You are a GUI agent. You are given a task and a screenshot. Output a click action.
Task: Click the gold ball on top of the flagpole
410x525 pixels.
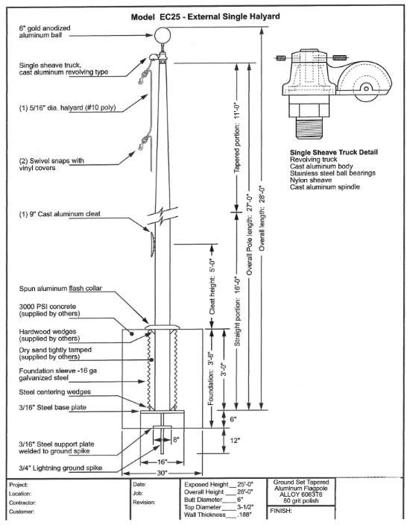163,35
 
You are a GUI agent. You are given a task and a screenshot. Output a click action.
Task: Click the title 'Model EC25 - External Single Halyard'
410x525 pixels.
205,16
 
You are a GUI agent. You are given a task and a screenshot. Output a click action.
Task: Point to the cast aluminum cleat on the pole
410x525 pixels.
152,245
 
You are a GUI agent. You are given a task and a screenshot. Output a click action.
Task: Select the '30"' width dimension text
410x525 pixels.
162,473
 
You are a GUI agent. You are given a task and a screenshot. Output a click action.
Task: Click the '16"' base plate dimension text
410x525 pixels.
162,462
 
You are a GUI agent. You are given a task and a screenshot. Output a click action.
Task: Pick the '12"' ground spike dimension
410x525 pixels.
235,440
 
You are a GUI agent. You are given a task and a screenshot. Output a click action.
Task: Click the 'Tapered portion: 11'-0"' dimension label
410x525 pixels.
237,138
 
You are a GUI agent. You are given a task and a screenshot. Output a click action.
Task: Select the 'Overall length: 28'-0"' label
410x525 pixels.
262,218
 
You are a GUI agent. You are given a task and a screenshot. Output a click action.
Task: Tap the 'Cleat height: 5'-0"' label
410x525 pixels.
212,286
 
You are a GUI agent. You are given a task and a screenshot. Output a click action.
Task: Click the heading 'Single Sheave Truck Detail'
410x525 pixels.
334,152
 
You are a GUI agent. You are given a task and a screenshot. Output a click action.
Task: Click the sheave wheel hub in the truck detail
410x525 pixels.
366,89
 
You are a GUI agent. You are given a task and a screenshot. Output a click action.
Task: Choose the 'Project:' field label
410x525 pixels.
19,485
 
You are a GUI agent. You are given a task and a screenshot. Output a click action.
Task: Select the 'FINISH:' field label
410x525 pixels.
281,511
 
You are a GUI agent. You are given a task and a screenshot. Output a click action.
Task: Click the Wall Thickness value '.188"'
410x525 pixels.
245,515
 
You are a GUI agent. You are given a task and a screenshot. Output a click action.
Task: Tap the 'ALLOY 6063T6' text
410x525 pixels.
301,494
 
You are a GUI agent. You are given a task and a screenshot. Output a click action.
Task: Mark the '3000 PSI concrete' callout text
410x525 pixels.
48,306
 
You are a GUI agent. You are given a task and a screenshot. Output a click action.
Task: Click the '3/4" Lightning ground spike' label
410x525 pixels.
60,468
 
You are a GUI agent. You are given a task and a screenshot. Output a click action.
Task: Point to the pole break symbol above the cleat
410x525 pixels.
163,216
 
